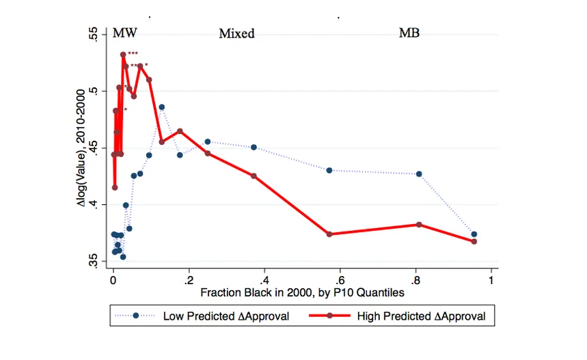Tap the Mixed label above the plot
[236, 33]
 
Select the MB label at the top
[409, 33]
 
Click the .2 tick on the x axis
[188, 280]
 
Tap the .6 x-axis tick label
[339, 280]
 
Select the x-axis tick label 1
[490, 280]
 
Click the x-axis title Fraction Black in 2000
[303, 292]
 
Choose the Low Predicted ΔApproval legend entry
[212, 316]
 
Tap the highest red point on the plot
[123, 55]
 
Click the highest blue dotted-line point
[162, 107]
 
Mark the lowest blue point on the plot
[123, 257]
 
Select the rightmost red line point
[474, 241]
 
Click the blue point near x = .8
[419, 174]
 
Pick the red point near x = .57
[329, 234]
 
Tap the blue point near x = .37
[254, 148]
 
